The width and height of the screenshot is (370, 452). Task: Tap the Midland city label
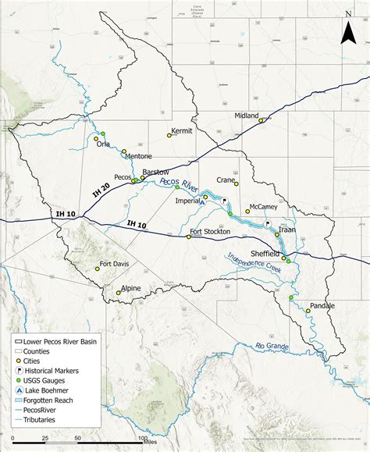(x=247, y=116)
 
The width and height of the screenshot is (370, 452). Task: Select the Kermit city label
(x=181, y=130)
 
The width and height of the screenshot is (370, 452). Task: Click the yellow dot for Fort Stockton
(x=188, y=237)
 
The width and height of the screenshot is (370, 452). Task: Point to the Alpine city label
(x=130, y=288)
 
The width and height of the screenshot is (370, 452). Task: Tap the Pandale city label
(x=322, y=305)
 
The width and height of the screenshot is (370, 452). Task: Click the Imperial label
(x=188, y=199)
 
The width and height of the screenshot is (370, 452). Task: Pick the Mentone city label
(x=139, y=156)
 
